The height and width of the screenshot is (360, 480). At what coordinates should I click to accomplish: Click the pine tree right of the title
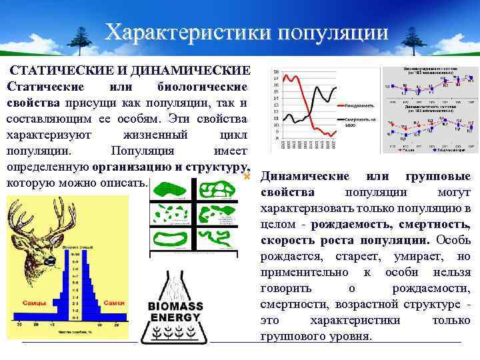(407, 41)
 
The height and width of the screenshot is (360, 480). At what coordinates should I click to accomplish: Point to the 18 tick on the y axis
(275, 72)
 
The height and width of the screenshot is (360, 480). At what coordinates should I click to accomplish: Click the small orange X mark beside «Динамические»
(247, 177)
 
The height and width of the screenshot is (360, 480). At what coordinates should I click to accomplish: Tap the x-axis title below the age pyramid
(73, 331)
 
